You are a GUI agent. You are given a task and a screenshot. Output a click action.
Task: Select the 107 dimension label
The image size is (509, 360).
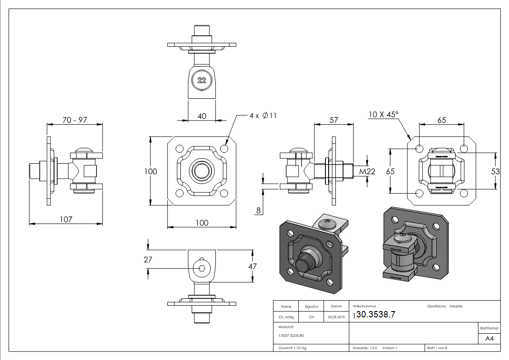click(x=66, y=219)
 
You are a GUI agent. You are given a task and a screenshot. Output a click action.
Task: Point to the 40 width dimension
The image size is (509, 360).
click(x=202, y=116)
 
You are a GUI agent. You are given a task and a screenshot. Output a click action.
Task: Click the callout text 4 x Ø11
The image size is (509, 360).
click(x=262, y=115)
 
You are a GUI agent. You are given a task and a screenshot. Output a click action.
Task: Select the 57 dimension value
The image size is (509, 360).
click(x=334, y=120)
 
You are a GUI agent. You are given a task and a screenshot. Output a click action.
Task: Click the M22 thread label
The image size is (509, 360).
click(x=368, y=171)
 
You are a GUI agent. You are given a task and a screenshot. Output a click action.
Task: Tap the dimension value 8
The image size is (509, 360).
click(x=258, y=210)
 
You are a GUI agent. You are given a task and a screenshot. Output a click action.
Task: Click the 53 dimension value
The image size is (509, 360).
click(x=495, y=171)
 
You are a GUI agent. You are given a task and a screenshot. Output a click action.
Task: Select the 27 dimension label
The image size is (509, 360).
click(x=148, y=259)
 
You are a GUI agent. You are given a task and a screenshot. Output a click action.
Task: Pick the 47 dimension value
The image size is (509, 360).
click(x=252, y=266)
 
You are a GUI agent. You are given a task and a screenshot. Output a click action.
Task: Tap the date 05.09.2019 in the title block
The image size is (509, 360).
click(x=336, y=317)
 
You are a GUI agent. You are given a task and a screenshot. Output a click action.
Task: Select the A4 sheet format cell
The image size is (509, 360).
click(x=489, y=339)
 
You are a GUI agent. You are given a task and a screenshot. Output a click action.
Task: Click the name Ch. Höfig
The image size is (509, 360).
click(x=286, y=317)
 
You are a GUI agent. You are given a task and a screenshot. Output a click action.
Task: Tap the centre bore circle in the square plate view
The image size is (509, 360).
click(x=202, y=171)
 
